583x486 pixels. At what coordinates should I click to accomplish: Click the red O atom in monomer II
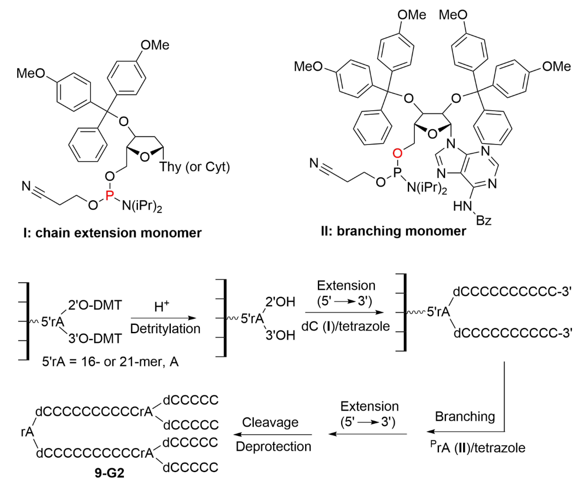(398, 153)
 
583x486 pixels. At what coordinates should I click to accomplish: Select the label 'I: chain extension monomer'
(112, 233)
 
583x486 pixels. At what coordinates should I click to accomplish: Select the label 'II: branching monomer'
(393, 231)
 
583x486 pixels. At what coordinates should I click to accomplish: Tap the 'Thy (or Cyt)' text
(194, 167)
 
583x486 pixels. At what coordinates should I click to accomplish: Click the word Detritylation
(165, 329)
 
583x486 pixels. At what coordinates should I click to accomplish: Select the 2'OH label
(280, 302)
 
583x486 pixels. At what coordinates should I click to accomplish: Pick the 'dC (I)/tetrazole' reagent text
(345, 326)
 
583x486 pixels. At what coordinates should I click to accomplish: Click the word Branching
(465, 416)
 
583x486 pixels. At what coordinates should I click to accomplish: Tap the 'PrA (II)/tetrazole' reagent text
(478, 448)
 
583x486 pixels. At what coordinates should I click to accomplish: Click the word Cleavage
(270, 422)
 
